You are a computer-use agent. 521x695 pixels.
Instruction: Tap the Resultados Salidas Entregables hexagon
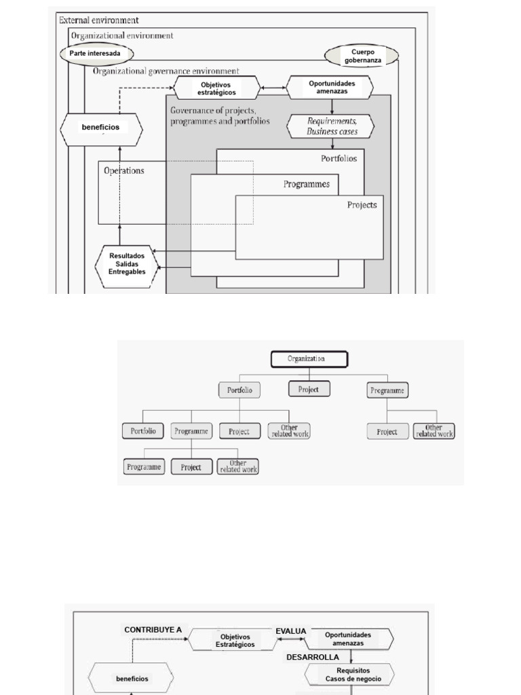[x=127, y=263]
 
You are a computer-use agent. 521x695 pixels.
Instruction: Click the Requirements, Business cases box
[x=331, y=126]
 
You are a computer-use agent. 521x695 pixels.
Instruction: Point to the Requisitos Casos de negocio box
[x=347, y=674]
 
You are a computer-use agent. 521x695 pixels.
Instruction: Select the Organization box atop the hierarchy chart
[x=309, y=359]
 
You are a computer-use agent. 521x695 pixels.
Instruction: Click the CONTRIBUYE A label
[x=153, y=630]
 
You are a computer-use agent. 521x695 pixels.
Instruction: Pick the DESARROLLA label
[x=311, y=657]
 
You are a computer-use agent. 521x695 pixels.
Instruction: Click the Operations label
[x=123, y=171]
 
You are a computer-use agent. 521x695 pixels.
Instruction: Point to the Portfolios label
[x=338, y=158]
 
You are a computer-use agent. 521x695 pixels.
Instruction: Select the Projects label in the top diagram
[x=362, y=204]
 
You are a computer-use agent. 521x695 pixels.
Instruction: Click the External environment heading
[x=99, y=20]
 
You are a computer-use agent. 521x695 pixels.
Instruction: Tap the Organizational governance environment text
[x=166, y=71]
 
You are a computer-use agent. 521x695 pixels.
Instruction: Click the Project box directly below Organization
[x=309, y=389]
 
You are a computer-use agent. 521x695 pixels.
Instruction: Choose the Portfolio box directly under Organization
[x=239, y=390]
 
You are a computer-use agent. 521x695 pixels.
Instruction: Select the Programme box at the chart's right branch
[x=387, y=390]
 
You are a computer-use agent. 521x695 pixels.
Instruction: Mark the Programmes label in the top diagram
[x=306, y=184]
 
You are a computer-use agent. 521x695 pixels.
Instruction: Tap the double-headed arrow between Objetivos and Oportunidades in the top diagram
[x=273, y=88]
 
